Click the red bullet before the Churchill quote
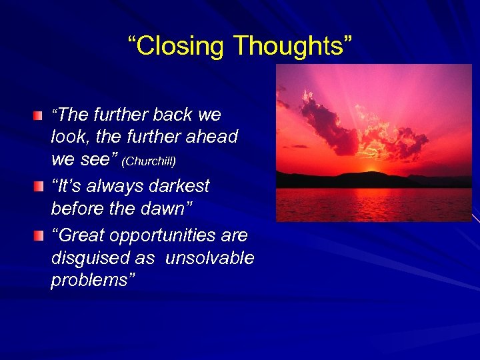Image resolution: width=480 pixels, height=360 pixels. [x=41, y=116]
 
